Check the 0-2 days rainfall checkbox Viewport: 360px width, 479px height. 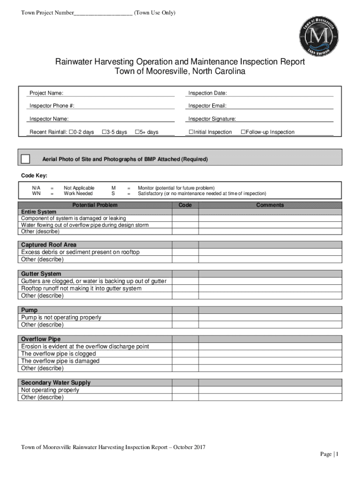coord(71,132)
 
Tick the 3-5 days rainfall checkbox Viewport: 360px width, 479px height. coord(104,132)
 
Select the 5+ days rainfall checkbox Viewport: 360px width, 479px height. coord(137,132)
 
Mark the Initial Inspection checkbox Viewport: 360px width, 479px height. coord(191,132)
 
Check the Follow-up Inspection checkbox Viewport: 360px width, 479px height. coord(243,132)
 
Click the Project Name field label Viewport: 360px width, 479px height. coord(46,94)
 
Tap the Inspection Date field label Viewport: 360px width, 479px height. coord(208,94)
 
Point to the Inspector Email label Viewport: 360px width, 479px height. coord(207,106)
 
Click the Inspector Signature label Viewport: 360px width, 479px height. coord(212,119)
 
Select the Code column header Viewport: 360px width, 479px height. coord(185,205)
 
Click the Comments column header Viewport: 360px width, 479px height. coord(270,205)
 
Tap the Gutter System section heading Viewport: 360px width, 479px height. coord(41,274)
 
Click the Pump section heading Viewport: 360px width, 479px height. coord(29,310)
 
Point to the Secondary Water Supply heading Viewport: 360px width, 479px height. coord(56,383)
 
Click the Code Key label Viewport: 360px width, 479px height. coord(34,176)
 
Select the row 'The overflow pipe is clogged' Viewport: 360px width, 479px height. coord(58,354)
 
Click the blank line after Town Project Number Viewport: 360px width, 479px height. coord(103,13)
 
